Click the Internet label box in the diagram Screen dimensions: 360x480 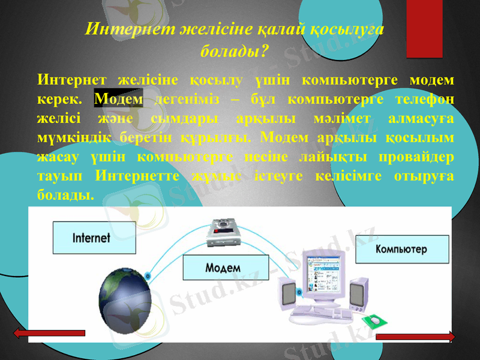(x=91, y=238)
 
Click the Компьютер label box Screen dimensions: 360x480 (x=401, y=249)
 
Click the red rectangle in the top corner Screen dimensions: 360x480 (x=425, y=28)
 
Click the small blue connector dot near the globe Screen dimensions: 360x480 (x=148, y=275)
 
